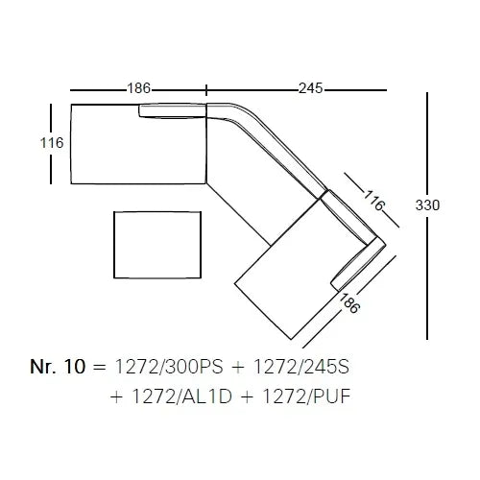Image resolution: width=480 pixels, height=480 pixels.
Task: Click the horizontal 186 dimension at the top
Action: [x=139, y=88]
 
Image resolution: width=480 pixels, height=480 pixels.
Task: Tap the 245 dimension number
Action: [x=311, y=88]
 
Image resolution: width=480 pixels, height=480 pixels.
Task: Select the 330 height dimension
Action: [x=427, y=204]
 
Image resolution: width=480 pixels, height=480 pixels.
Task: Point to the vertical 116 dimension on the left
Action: [x=52, y=143]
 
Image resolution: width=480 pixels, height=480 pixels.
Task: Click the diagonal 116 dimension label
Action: [x=374, y=200]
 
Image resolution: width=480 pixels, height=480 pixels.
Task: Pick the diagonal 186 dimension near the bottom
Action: [x=349, y=302]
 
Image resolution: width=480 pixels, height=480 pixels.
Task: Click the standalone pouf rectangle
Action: [x=157, y=245]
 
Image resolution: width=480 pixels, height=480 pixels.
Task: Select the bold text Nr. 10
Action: [x=58, y=367]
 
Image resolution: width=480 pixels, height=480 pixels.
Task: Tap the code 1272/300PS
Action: [x=169, y=367]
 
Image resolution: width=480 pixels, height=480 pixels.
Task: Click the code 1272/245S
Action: [x=301, y=367]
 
